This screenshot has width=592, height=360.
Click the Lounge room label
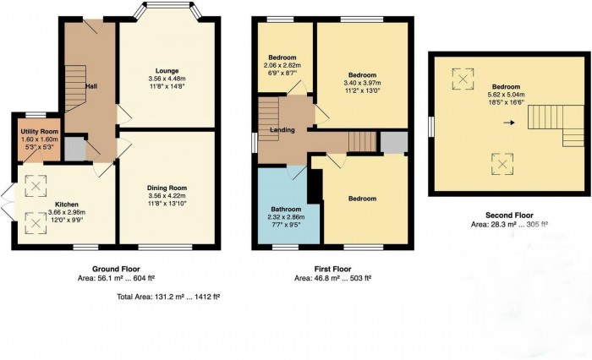click(167, 71)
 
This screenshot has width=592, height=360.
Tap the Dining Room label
click(167, 188)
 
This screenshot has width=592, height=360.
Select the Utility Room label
click(39, 131)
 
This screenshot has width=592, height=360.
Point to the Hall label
click(91, 86)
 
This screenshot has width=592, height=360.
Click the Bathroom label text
click(286, 209)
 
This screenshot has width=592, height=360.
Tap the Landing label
click(282, 130)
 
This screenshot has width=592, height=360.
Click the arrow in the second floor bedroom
click(509, 123)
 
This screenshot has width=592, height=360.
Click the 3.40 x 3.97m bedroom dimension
click(362, 83)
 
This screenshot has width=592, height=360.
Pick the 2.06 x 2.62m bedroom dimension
click(282, 65)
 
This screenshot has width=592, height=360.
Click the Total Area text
click(168, 297)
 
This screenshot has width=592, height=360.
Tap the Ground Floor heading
click(116, 269)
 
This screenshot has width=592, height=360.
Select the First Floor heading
click(332, 269)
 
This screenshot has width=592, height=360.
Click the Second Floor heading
click(509, 215)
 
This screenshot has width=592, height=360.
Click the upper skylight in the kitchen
click(36, 186)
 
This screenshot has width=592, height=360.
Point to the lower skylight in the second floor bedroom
click(502, 164)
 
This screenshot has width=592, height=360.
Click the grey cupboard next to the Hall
click(74, 150)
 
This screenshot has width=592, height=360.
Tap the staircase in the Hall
click(75, 89)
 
